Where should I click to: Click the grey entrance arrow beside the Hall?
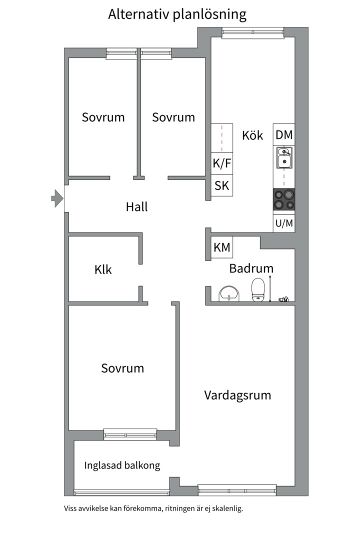point(56,199)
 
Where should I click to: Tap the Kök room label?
point(252,135)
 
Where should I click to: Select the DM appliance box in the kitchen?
point(284,134)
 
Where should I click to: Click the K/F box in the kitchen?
point(222,163)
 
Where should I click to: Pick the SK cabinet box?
point(222,185)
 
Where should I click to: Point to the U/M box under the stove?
point(284,223)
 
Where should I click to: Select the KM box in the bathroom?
point(222,247)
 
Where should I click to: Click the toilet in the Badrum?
point(258,290)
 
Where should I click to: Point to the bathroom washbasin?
point(229,293)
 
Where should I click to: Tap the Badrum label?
point(251,268)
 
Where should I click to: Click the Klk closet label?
point(103,270)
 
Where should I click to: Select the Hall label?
point(137,206)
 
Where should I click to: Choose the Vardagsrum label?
point(237,395)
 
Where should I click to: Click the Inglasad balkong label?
point(122,465)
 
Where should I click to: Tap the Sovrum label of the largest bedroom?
point(122,368)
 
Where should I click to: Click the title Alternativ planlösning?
point(177,14)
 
